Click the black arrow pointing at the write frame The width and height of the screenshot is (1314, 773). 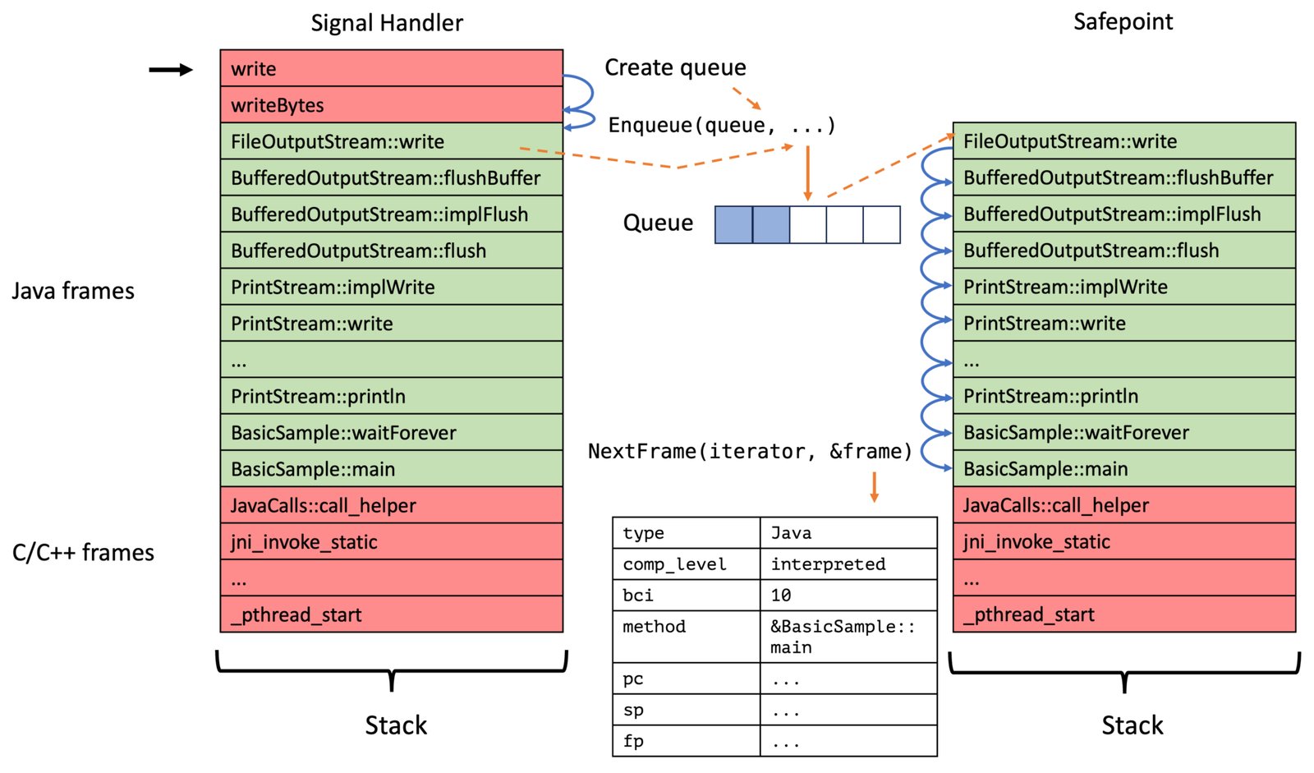click(x=171, y=70)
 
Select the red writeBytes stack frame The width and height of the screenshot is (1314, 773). click(x=391, y=104)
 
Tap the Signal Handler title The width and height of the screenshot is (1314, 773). click(x=387, y=23)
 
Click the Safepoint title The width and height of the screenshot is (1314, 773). click(x=1123, y=21)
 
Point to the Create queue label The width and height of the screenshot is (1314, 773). click(x=675, y=67)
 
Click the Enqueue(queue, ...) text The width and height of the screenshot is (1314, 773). click(x=722, y=125)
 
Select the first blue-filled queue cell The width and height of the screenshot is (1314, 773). click(x=733, y=224)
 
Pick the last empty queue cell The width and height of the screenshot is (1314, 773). click(x=882, y=224)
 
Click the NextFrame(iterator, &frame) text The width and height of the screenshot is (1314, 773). click(x=751, y=451)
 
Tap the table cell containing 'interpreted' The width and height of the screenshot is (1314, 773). click(x=848, y=564)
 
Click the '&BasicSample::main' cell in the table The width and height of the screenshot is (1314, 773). click(x=848, y=637)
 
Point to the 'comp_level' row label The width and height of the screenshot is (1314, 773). click(x=674, y=564)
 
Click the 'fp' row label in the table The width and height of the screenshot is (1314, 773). click(x=633, y=740)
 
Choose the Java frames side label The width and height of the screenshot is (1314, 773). click(x=73, y=291)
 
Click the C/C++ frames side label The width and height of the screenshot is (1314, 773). click(x=83, y=552)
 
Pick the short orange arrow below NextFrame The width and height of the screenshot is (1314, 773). click(x=874, y=487)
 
